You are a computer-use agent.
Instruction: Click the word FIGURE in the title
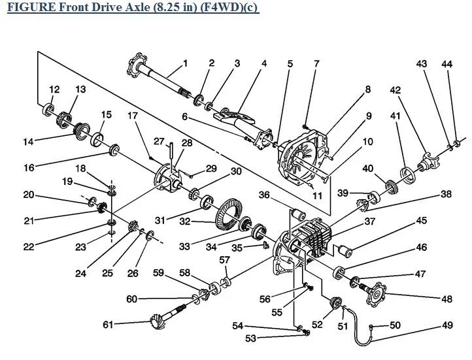pos(31,7)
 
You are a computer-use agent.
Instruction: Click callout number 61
pos(108,325)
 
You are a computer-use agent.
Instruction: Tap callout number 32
pos(185,222)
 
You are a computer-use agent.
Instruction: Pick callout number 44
pos(447,64)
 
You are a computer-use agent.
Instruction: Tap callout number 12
pos(54,90)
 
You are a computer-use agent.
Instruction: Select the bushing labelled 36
pos(298,214)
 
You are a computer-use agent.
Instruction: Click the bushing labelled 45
pos(345,251)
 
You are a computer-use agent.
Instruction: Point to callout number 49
pos(447,325)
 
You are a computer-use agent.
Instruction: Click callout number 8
pos(368,90)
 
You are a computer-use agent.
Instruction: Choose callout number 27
pos(159,141)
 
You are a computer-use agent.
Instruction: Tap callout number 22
pos(29,246)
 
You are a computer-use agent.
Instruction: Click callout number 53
pos(250,338)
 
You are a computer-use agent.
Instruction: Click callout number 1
pos(185,63)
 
